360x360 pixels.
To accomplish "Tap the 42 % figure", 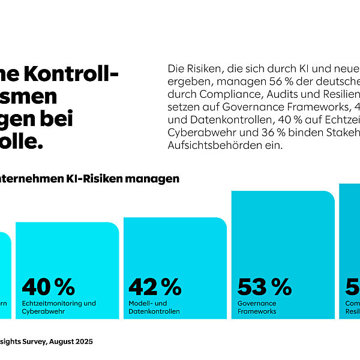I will [x=155, y=287].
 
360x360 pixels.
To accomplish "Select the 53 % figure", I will [x=265, y=287].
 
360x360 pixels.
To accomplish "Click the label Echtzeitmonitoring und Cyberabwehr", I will [x=59, y=307].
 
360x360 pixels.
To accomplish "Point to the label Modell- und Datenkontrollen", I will [x=155, y=307].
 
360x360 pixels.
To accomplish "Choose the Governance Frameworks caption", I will [x=257, y=307].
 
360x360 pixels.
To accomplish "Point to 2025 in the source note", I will [x=83, y=341].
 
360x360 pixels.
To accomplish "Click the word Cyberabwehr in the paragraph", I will [x=195, y=132].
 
